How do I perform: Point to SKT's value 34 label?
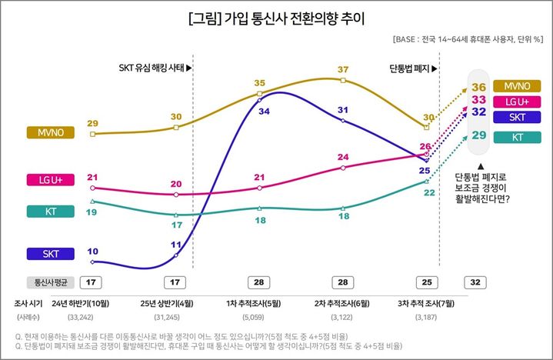264,112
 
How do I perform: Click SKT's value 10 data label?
92,252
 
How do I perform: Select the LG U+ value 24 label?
343,158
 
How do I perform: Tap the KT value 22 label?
429,193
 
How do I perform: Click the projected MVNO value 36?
478,87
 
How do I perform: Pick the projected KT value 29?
478,135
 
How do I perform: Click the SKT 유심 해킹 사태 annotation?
155,68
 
